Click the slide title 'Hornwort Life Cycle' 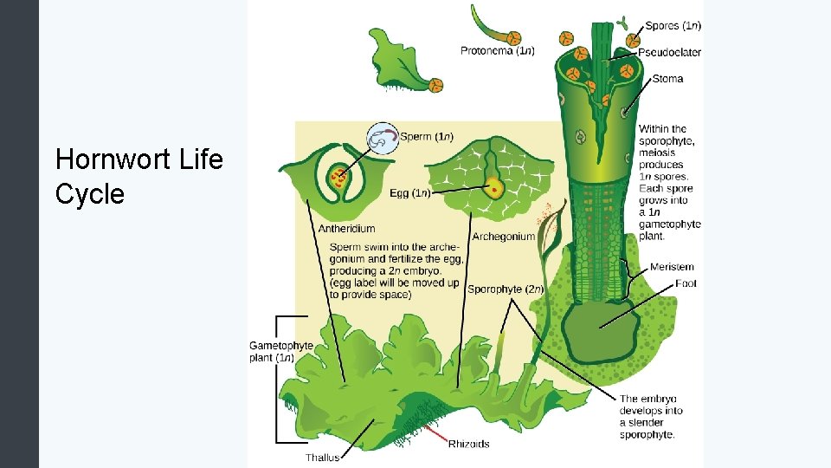pos(138,177)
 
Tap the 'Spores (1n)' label pos(673,26)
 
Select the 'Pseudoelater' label pos(669,52)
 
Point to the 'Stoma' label pos(667,79)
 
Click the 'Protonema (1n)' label pos(497,50)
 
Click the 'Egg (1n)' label pos(409,192)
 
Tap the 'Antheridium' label pos(346,229)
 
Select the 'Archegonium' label pos(503,237)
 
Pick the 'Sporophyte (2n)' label pos(505,289)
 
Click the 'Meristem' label pos(671,267)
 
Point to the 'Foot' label pos(686,283)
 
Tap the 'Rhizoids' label pos(468,445)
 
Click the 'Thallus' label pos(322,457)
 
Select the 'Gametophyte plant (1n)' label pos(280,351)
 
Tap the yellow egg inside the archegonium pos(494,186)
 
